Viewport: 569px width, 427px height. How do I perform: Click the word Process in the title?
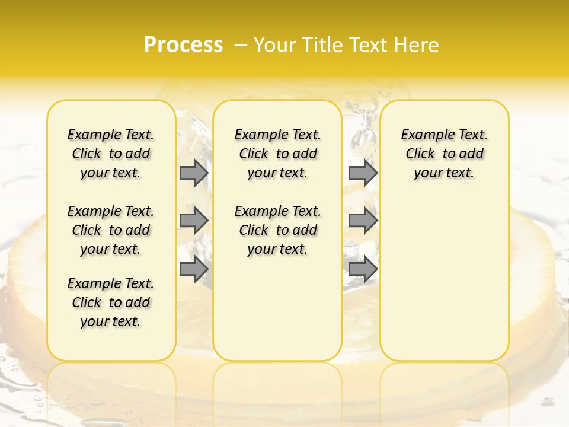[183, 44]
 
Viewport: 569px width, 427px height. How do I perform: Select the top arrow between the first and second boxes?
[193, 173]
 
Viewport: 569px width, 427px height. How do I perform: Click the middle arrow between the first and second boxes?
[193, 221]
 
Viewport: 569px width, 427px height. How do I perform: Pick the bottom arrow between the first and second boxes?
[193, 269]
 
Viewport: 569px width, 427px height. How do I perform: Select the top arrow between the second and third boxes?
[363, 173]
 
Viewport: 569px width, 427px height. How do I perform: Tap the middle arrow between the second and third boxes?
[363, 221]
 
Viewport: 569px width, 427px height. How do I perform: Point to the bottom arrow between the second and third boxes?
[363, 269]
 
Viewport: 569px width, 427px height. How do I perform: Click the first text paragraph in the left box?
[111, 154]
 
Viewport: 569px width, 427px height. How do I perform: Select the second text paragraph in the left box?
[111, 230]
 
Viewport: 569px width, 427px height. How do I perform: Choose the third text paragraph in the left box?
[111, 302]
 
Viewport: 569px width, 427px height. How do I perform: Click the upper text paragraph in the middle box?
[277, 154]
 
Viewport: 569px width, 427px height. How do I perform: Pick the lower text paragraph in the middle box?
[277, 230]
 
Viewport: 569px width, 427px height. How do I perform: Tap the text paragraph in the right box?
[445, 154]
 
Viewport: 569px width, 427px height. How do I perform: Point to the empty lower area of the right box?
[445, 279]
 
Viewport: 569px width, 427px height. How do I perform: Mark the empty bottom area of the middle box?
[277, 314]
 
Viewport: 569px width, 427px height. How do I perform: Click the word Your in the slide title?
[276, 45]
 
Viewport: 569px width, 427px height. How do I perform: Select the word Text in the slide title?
[367, 45]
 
